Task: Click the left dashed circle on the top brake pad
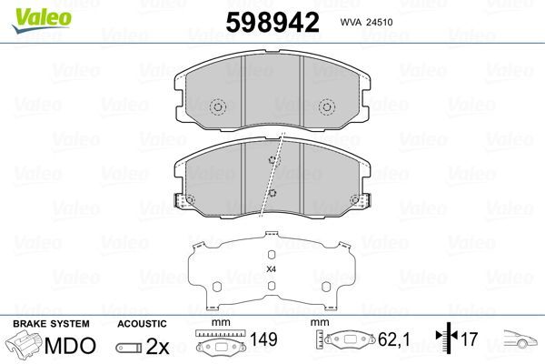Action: (217, 108)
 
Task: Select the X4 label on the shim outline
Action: (271, 268)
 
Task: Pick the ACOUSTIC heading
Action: (142, 324)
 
